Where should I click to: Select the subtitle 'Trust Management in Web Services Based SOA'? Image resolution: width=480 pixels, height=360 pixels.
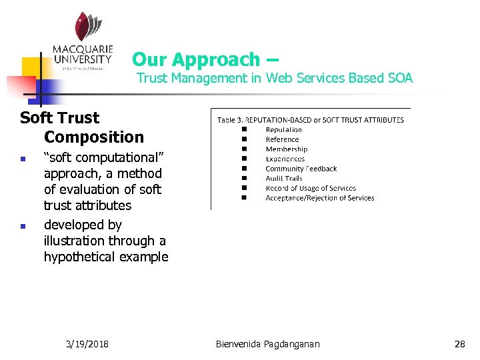click(x=275, y=78)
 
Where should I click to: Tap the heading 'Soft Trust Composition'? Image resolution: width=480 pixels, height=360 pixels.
click(x=82, y=127)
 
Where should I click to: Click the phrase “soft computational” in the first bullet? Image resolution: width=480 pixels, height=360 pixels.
click(x=103, y=159)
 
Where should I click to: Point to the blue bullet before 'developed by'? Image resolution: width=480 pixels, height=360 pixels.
click(x=23, y=226)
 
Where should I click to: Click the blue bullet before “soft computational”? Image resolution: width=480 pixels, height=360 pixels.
click(x=23, y=160)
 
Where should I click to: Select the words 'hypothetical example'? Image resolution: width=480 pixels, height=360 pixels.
click(x=106, y=257)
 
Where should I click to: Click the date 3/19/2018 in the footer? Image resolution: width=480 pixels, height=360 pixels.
click(x=88, y=344)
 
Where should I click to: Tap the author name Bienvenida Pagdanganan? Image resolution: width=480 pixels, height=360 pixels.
click(x=268, y=344)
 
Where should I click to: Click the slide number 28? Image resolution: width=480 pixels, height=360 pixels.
click(x=459, y=344)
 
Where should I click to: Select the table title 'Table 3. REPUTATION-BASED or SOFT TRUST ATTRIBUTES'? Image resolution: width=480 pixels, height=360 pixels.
click(x=311, y=120)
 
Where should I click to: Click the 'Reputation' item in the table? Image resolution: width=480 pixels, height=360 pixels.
click(x=283, y=130)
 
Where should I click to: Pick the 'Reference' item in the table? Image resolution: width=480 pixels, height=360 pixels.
click(x=282, y=139)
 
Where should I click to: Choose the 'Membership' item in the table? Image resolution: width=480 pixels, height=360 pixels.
click(x=287, y=149)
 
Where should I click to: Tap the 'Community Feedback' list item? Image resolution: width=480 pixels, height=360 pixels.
click(x=301, y=169)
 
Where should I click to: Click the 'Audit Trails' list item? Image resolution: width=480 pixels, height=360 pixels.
click(x=284, y=178)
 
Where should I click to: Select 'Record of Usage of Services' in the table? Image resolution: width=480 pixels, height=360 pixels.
click(x=311, y=188)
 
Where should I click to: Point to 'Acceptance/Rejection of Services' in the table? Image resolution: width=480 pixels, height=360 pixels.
click(x=319, y=198)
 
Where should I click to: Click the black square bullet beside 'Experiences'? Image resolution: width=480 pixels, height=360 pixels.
click(x=245, y=159)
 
